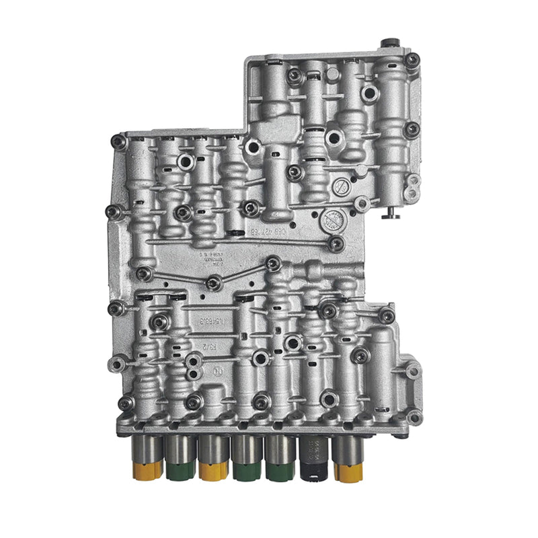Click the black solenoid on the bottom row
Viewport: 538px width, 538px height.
click(x=314, y=459)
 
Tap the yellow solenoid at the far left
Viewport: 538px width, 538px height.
click(x=147, y=461)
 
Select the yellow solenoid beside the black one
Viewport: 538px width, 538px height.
click(x=348, y=461)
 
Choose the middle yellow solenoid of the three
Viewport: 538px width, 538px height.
click(x=214, y=461)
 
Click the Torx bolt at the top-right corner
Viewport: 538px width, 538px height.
click(x=412, y=61)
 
